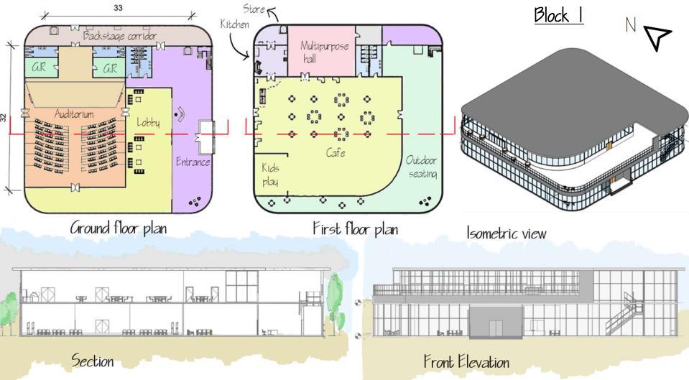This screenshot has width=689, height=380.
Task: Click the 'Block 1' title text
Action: point(558,15)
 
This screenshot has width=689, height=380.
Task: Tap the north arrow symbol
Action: point(656,38)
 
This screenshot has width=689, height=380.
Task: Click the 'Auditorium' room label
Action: point(74,113)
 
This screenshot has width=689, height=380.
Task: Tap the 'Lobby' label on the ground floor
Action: point(149,123)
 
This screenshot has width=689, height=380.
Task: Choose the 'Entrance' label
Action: point(193,162)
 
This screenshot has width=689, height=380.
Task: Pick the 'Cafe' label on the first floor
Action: point(336,153)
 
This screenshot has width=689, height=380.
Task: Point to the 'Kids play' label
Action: point(271,174)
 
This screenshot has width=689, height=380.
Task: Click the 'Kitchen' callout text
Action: point(235,24)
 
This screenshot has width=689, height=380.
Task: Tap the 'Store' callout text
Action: point(253,9)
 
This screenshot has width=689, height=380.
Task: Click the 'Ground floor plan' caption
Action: point(122,228)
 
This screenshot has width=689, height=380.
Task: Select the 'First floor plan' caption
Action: point(355,228)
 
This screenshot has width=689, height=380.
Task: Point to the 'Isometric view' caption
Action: point(506,233)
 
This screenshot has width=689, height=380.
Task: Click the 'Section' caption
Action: point(92,361)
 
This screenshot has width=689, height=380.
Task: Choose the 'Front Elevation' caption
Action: point(466,361)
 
